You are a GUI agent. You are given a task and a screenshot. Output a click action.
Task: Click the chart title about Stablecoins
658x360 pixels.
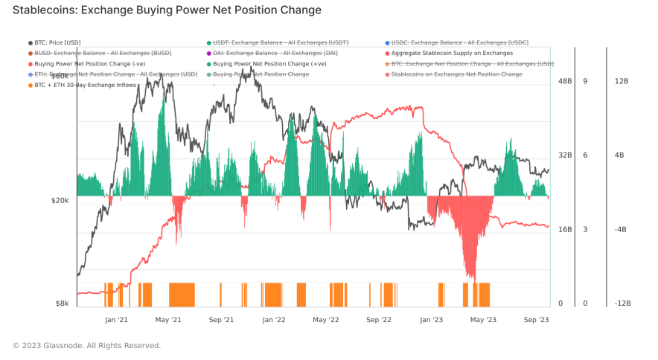click(x=167, y=10)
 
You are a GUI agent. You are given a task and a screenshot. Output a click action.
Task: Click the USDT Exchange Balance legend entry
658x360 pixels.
click(x=280, y=43)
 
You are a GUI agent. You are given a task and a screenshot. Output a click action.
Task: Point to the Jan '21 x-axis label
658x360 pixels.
click(x=117, y=320)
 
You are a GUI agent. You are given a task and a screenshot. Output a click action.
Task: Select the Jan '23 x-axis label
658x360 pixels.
click(x=432, y=320)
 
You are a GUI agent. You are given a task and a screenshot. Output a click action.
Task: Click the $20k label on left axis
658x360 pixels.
click(x=60, y=200)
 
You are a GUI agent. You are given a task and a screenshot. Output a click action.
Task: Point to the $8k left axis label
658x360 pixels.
click(x=63, y=303)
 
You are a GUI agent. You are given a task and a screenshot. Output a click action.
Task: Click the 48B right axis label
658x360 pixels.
click(x=565, y=80)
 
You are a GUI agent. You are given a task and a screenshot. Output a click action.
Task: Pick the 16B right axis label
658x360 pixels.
click(x=565, y=229)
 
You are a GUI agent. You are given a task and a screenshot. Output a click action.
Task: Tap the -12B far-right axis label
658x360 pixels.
click(x=622, y=303)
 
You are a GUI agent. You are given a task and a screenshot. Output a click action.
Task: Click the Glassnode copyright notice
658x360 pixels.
click(x=86, y=345)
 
